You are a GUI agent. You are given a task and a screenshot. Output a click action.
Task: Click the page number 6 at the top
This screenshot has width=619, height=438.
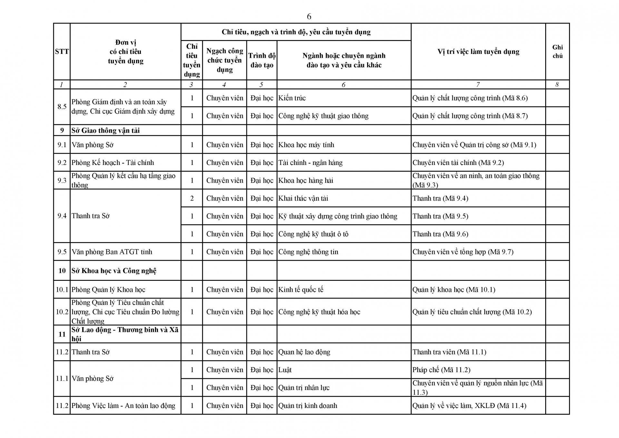309,16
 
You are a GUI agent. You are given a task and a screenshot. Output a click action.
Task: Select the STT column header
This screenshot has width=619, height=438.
62,52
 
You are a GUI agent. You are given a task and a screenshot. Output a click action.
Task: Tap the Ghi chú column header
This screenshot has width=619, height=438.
557,52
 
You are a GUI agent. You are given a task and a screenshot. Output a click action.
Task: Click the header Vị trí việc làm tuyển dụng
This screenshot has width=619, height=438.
478,52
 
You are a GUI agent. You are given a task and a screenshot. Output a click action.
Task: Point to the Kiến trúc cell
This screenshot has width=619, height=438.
292,98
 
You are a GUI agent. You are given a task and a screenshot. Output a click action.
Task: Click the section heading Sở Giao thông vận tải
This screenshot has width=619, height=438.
105,130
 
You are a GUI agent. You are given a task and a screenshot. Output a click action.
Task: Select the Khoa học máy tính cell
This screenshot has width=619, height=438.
306,145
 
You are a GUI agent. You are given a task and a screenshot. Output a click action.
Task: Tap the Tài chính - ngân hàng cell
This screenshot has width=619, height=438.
310,163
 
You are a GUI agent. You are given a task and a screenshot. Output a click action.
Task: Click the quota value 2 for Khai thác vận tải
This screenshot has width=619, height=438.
192,199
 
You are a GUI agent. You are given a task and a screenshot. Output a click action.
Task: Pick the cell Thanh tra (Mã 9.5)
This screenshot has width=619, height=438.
440,216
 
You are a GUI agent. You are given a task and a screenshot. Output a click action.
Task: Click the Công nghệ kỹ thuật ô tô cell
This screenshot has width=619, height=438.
313,234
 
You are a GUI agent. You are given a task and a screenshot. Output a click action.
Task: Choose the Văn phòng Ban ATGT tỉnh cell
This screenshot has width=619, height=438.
112,252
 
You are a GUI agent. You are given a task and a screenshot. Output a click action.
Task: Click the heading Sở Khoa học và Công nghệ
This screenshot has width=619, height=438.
114,271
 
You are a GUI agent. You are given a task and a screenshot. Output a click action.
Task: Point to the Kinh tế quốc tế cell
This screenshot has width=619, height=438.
301,290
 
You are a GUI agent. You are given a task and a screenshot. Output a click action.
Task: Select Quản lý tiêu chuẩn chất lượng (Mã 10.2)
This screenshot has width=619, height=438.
472,312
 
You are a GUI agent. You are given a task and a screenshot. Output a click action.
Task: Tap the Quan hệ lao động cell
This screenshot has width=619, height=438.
304,352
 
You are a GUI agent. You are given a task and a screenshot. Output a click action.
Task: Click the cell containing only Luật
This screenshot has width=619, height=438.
285,370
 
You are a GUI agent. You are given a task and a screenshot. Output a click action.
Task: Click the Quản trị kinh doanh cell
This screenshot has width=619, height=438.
308,406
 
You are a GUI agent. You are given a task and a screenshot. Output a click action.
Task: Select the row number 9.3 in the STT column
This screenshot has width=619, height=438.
62,180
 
